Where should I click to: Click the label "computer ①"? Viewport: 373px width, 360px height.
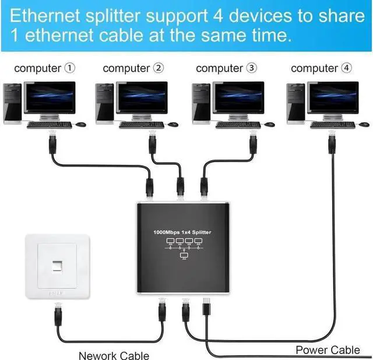coord(44,69)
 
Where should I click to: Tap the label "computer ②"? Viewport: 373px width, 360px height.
coord(133,69)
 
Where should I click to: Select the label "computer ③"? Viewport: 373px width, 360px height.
coord(226,69)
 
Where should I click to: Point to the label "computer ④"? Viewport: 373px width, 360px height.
coord(321,69)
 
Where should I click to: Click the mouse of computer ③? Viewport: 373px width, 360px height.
coord(269,124)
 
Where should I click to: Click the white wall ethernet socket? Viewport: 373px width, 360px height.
coord(57,266)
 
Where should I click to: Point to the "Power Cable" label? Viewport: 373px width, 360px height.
coord(328,350)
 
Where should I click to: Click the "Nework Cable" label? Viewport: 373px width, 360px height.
coord(114,355)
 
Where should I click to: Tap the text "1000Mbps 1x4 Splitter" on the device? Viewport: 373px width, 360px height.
coord(182,232)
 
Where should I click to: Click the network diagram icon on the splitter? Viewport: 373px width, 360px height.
coord(182,248)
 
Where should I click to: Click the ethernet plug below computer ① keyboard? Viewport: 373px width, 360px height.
coord(51,143)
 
